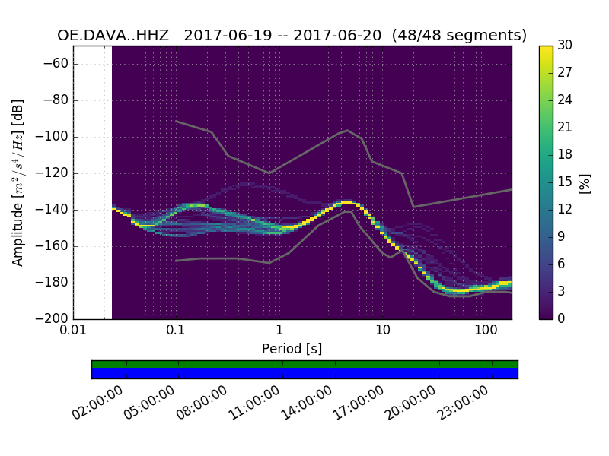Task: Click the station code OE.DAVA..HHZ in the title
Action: click(x=115, y=35)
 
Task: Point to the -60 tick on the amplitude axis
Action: click(x=59, y=63)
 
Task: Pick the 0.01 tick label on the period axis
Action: click(x=73, y=331)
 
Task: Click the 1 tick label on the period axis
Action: click(x=279, y=331)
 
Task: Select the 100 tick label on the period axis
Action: click(x=486, y=331)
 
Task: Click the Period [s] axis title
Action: click(x=292, y=349)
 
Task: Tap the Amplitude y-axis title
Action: click(x=18, y=182)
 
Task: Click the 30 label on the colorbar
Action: click(x=565, y=46)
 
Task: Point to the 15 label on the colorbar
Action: click(x=564, y=182)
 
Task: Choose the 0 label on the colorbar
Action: click(x=561, y=318)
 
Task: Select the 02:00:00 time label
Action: click(x=97, y=404)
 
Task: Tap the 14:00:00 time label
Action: click(x=306, y=404)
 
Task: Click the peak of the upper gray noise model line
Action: click(x=348, y=130)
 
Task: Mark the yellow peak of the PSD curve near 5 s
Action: click(x=346, y=202)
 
